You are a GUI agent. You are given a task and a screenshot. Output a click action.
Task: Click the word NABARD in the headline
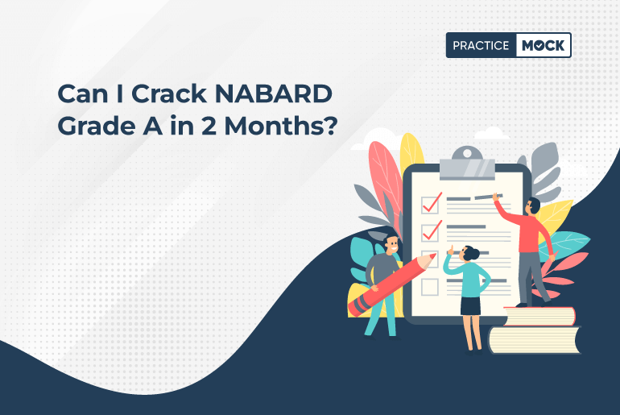(273, 93)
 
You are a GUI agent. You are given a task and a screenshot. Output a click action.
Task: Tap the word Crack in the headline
(169, 93)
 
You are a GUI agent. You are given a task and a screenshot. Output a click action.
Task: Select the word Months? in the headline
(281, 126)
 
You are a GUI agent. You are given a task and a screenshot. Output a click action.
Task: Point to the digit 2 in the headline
(208, 126)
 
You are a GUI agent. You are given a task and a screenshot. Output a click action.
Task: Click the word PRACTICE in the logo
(481, 46)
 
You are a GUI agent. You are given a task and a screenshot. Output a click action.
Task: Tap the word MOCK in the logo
(544, 46)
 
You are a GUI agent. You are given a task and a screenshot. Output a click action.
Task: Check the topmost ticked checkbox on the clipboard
(431, 204)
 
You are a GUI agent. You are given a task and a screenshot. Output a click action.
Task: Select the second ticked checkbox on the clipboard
(431, 232)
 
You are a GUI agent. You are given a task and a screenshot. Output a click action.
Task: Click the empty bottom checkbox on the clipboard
(430, 287)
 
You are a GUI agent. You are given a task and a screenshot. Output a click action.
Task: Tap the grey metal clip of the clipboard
(467, 164)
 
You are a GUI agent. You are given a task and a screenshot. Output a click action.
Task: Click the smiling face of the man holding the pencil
(391, 245)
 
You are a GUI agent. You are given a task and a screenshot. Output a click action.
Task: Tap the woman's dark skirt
(470, 305)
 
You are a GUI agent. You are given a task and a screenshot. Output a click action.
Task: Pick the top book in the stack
(539, 317)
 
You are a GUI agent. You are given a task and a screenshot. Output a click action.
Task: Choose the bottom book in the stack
(535, 339)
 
